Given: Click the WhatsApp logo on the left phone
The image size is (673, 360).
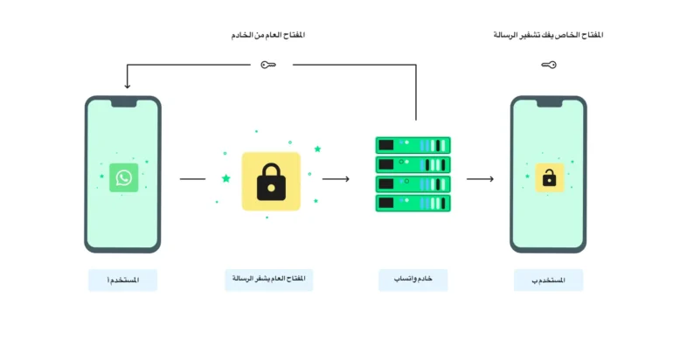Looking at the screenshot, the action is click(x=123, y=177).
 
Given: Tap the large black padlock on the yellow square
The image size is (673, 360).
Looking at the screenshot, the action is click(x=271, y=182).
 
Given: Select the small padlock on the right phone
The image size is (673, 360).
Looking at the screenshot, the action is click(x=550, y=177).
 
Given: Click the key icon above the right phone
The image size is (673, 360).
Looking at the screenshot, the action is click(x=549, y=65).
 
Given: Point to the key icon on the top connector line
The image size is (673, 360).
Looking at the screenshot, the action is click(x=268, y=65).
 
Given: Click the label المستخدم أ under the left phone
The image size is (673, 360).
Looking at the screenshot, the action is click(x=122, y=280).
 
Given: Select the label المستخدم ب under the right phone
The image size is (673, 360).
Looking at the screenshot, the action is click(x=549, y=280).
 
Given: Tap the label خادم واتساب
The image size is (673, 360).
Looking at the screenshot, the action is click(x=413, y=279).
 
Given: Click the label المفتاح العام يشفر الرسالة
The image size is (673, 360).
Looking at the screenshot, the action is click(x=269, y=279).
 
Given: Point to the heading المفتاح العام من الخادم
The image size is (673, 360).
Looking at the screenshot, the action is click(x=268, y=35).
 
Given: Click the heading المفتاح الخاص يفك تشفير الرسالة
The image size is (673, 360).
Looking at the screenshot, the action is click(x=549, y=35).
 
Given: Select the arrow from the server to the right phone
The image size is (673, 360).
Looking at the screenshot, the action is click(x=481, y=178).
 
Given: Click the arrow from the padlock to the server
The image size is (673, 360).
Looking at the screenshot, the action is click(x=336, y=178).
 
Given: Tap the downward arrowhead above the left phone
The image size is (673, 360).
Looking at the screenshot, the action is click(x=127, y=86).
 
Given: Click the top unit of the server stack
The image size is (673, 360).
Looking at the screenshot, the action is click(x=413, y=145).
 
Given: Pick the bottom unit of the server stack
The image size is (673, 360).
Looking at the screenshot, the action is click(x=413, y=204).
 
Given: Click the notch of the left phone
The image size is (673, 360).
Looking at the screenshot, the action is click(x=124, y=103).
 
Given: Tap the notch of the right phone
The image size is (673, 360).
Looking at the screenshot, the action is click(x=550, y=103).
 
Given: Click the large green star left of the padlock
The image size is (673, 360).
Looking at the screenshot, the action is click(x=226, y=178).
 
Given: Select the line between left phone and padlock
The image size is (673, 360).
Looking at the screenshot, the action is click(x=192, y=178).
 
